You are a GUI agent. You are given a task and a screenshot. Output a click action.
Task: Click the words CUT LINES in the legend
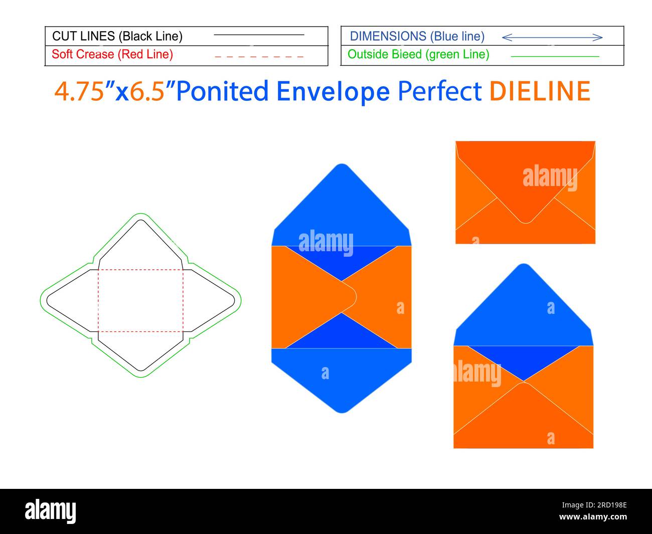83,36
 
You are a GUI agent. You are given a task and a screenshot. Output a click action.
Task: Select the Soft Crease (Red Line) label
112,54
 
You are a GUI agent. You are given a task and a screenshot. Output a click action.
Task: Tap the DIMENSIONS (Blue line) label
417,36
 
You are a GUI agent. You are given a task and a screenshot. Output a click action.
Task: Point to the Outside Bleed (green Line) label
418,54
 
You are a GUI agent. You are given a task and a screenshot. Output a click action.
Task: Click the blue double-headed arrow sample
552,38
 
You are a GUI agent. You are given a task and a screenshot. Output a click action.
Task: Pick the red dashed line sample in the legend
259,57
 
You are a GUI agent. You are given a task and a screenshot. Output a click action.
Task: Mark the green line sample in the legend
555,57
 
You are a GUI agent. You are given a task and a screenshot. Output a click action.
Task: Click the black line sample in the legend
259,35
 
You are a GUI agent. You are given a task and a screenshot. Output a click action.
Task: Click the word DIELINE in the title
540,91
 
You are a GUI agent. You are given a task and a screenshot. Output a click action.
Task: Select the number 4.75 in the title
79,91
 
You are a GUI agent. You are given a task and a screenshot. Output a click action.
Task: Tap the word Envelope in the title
333,91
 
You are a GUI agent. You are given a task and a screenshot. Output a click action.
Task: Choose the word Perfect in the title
439,91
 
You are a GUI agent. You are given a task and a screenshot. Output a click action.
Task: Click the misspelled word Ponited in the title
222,91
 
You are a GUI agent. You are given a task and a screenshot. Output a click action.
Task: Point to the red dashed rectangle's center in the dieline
140,300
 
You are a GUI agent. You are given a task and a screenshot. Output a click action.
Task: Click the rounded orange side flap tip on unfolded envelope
356,297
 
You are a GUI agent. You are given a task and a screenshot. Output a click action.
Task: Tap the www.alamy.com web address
593,516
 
